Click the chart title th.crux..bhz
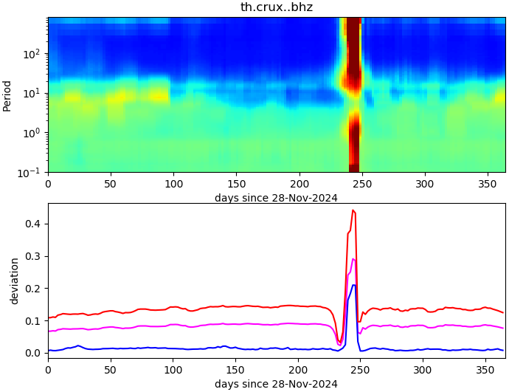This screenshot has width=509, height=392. (277, 7)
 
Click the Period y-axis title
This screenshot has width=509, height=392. (7, 95)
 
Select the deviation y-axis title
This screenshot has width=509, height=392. (15, 281)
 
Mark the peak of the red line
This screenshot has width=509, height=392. (353, 210)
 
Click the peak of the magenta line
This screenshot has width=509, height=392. (353, 259)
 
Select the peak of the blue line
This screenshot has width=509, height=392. (354, 285)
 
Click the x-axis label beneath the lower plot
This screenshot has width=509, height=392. (276, 384)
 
